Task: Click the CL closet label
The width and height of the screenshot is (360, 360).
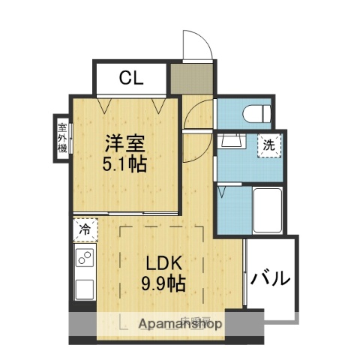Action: point(130,76)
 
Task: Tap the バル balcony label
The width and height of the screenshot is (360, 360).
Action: point(270,279)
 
